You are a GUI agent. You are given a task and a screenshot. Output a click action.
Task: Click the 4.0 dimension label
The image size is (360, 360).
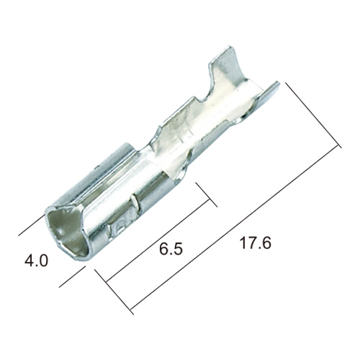[37, 261]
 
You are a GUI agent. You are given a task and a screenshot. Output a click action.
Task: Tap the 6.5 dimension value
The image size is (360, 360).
[171, 249]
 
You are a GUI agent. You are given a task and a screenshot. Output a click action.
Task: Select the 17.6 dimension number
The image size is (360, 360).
[256, 243]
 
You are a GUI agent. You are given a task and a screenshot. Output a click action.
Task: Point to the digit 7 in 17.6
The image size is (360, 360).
[253, 243]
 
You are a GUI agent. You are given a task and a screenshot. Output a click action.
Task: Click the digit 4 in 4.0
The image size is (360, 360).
[30, 261]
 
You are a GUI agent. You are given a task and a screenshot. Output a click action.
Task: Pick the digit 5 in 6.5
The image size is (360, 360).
[178, 249]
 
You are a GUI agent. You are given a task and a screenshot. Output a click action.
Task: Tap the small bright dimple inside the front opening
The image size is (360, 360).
[60, 232]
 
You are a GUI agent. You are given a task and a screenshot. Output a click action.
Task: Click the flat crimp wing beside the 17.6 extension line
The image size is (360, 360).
[266, 95]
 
